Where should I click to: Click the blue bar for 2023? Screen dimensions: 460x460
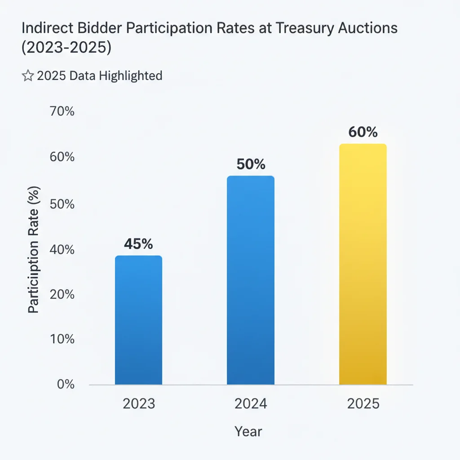(x=138, y=320)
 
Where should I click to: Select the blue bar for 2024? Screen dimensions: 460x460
(x=250, y=280)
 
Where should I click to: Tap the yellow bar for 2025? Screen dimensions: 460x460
(x=363, y=264)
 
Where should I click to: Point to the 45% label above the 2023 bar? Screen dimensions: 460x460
(x=138, y=244)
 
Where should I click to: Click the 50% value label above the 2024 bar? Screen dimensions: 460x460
(x=250, y=164)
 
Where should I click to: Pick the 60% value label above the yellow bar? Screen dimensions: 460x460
(x=363, y=133)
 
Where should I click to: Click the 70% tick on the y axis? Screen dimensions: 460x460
(x=62, y=111)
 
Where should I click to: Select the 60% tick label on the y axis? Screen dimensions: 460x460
(x=62, y=158)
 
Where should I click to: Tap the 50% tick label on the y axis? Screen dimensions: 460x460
(x=62, y=204)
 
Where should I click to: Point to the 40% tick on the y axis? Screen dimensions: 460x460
(x=62, y=250)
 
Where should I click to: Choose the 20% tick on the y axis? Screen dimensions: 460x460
(x=62, y=294)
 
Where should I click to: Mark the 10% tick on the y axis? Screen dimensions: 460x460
(x=62, y=339)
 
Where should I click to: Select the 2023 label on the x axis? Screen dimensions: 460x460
(x=138, y=403)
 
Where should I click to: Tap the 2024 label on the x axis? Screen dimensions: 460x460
(x=250, y=403)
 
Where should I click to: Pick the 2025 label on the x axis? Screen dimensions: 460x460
(x=363, y=403)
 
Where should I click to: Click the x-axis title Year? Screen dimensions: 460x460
(x=248, y=432)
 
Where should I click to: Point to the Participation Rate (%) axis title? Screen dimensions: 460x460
(x=34, y=250)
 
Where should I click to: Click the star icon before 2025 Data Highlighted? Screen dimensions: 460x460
(x=27, y=76)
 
